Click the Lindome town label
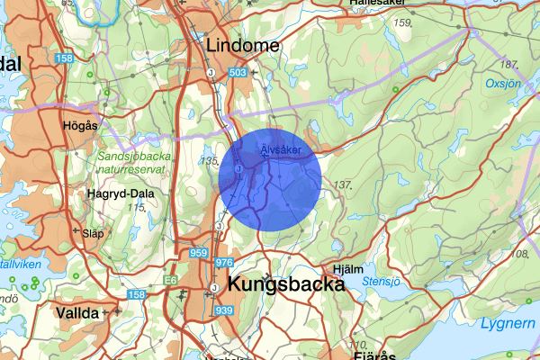point(243,45)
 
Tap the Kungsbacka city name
point(287,284)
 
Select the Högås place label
point(80,126)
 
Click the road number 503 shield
point(238,72)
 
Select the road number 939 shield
point(224,310)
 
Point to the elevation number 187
point(511,65)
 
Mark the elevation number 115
point(136,208)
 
